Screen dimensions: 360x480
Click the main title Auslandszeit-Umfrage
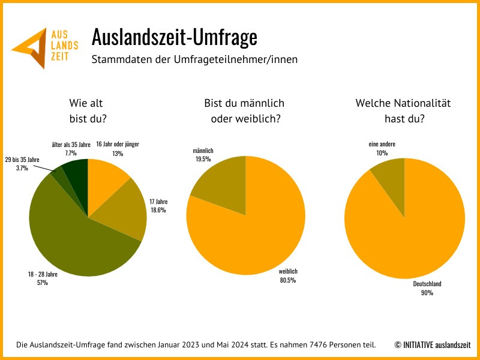tap(174, 37)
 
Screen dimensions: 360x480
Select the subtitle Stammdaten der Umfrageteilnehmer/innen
tap(194, 59)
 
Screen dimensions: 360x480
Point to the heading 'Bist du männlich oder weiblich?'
tap(244, 110)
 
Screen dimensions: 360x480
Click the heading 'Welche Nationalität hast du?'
tap(404, 110)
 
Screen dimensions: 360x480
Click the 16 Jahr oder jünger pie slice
tap(105, 177)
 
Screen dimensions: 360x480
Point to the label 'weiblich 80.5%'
tap(287, 275)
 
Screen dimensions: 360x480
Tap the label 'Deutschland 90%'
tap(427, 288)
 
